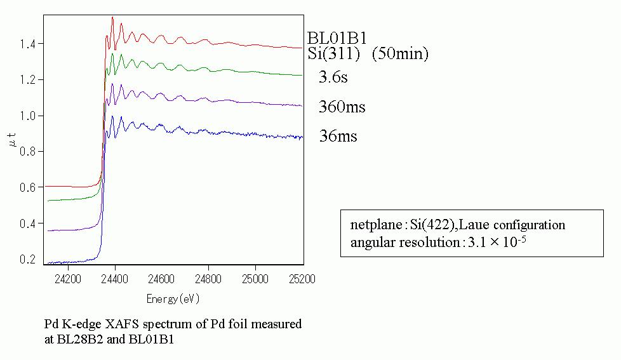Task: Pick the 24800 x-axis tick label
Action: point(208,279)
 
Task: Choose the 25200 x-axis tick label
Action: point(302,279)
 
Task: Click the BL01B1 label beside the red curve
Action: point(337,39)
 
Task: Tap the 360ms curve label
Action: point(342,107)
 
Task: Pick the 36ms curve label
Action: point(338,136)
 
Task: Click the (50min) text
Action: point(400,54)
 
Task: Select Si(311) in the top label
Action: point(334,54)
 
